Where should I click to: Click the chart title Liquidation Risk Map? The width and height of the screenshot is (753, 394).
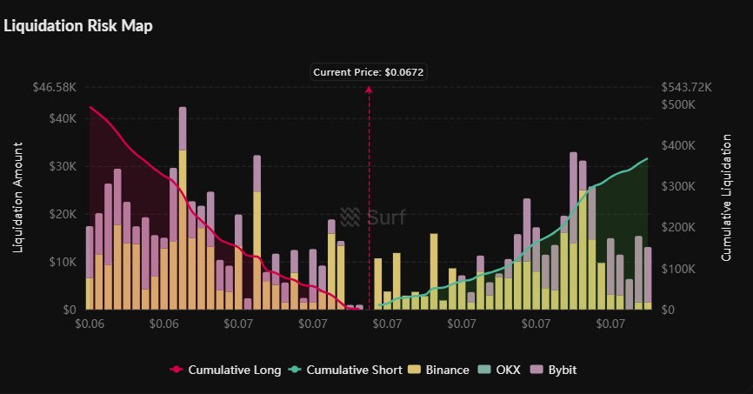tap(78, 26)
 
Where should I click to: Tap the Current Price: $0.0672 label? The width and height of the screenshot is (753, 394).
tap(370, 72)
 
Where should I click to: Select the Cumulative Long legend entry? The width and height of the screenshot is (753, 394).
tap(225, 370)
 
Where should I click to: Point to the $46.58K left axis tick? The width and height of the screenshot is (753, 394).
tap(56, 88)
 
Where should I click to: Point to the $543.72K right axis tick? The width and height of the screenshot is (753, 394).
tap(687, 88)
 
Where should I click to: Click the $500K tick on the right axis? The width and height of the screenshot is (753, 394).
tap(680, 104)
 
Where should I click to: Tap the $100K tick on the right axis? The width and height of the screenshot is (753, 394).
tap(680, 269)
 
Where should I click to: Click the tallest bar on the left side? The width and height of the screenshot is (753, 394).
tap(183, 209)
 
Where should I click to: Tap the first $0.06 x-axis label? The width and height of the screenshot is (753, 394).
tap(90, 324)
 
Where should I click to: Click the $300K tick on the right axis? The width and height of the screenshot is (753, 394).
tap(680, 186)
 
